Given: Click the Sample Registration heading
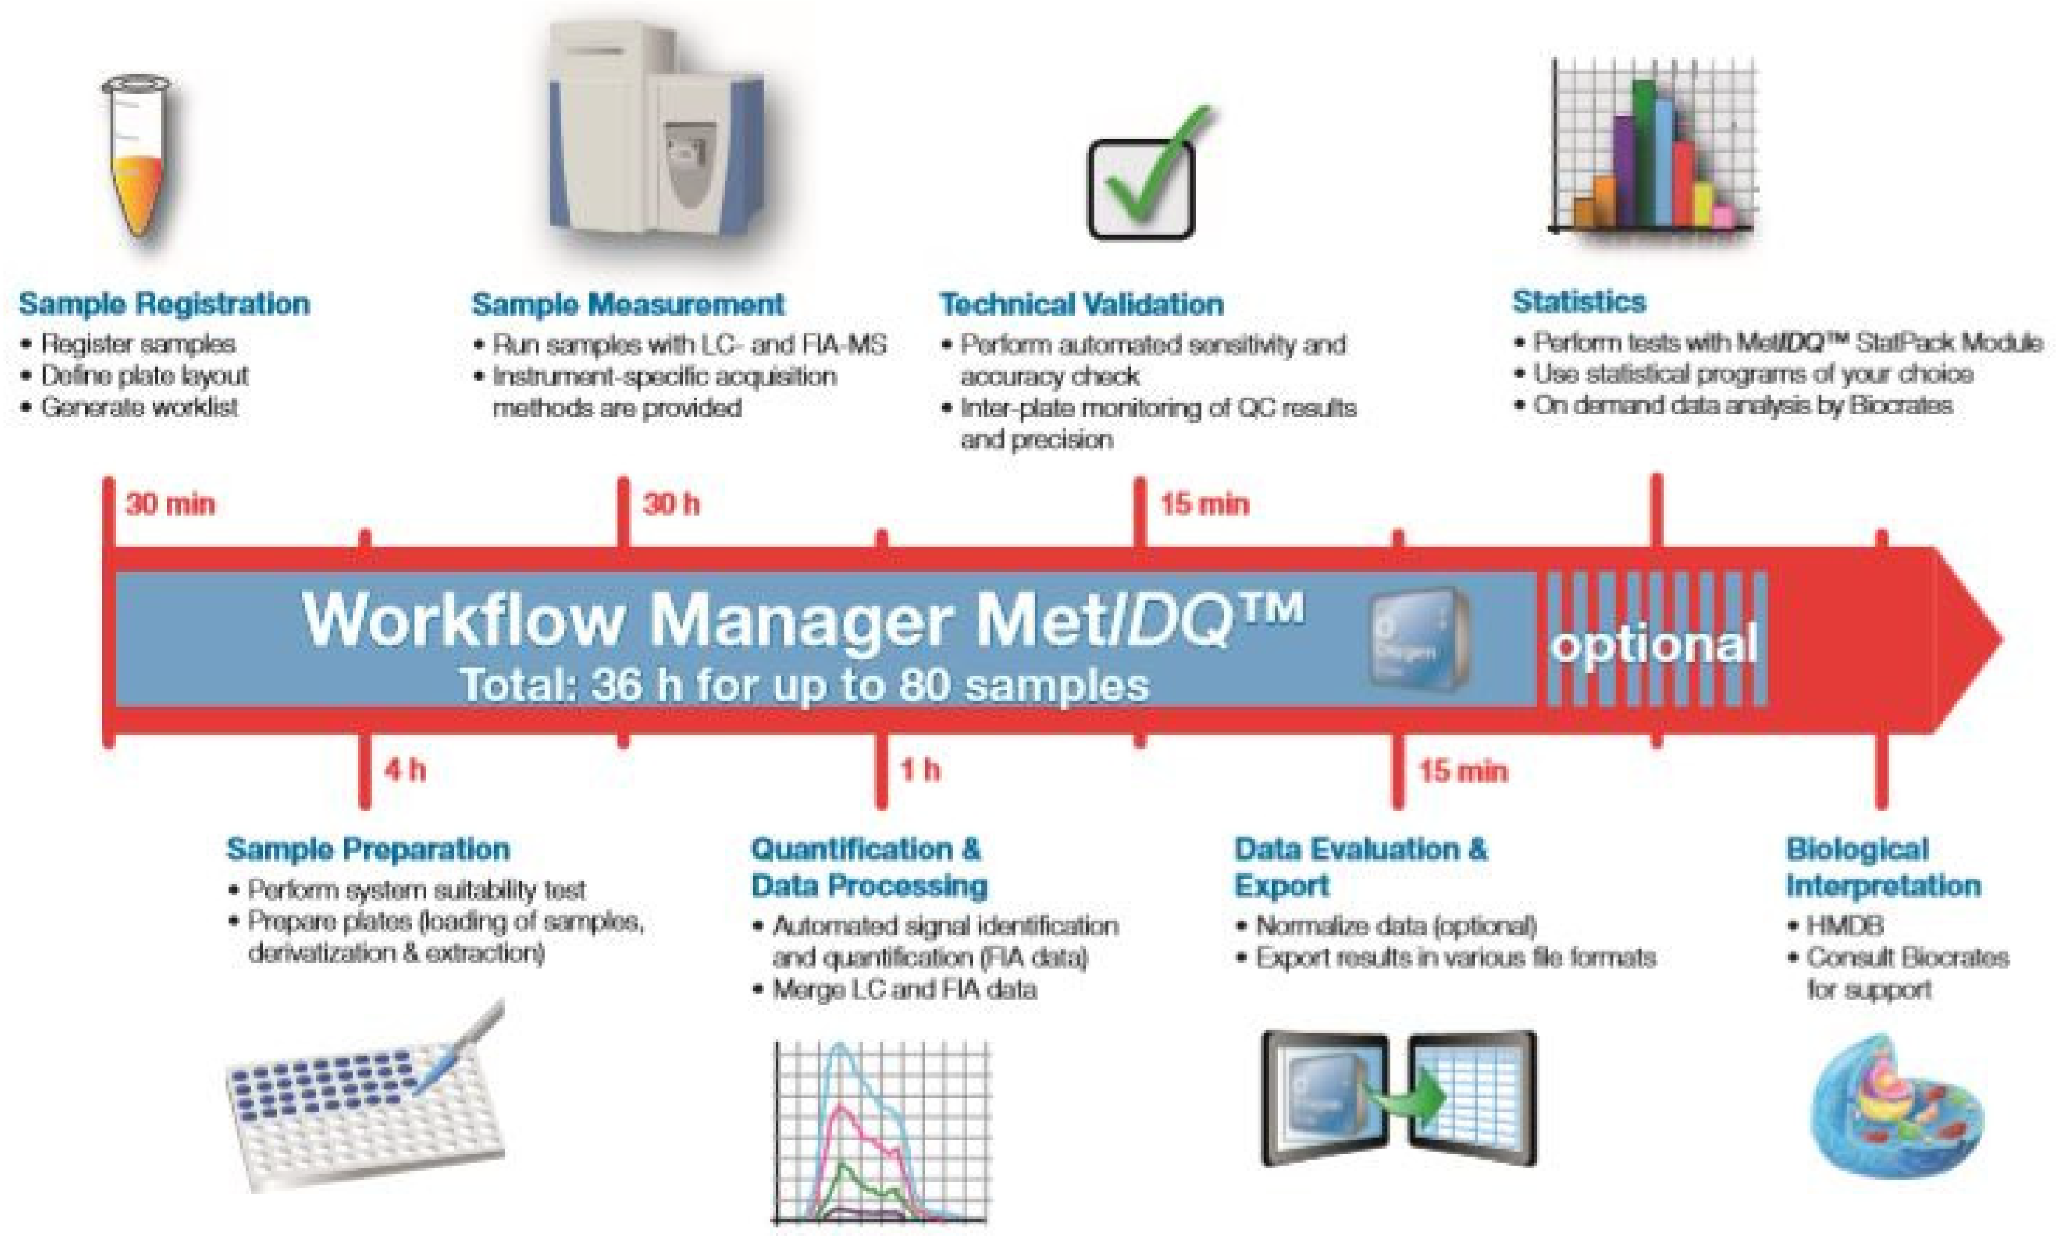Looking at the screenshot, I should (x=164, y=303).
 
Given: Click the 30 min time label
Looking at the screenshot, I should (x=170, y=504).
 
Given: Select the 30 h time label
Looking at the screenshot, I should (x=671, y=504).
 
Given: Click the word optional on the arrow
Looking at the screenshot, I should (x=1653, y=645).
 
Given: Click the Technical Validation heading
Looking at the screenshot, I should (x=1081, y=304).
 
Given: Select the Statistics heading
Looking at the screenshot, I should (x=1579, y=301).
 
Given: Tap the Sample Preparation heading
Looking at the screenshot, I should (x=368, y=849).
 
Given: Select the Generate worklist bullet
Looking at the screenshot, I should (x=139, y=407).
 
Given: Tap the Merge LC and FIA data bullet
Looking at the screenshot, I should (x=904, y=989).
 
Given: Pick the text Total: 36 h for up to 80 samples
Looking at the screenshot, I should (x=804, y=685).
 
